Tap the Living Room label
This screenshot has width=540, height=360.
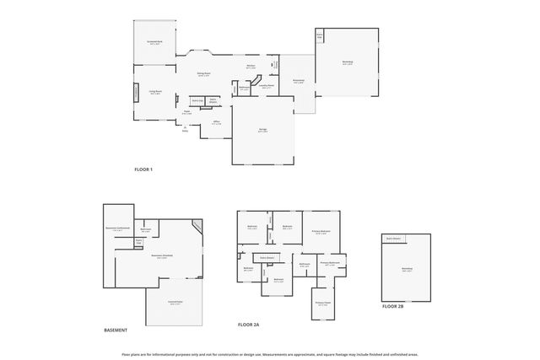tap(155, 93)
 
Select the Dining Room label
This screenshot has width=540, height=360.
tap(203, 75)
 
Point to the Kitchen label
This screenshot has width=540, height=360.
tap(251, 67)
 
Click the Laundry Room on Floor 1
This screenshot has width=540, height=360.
tap(267, 86)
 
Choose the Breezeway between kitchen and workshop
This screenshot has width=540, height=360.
tap(298, 82)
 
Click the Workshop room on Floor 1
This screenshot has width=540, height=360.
tap(348, 62)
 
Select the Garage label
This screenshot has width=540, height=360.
tap(263, 131)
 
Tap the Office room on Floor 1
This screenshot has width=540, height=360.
tap(216, 123)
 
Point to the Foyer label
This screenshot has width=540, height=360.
tap(186, 112)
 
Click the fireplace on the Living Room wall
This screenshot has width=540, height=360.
tap(133, 92)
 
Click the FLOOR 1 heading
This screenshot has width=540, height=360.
tap(143, 170)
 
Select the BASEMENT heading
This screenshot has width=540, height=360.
tap(116, 330)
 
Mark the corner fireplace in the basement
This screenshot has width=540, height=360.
tap(197, 226)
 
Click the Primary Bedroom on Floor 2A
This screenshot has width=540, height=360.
tap(321, 232)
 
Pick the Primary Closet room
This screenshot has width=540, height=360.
tap(322, 304)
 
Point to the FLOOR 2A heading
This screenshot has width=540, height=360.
tap(249, 324)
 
